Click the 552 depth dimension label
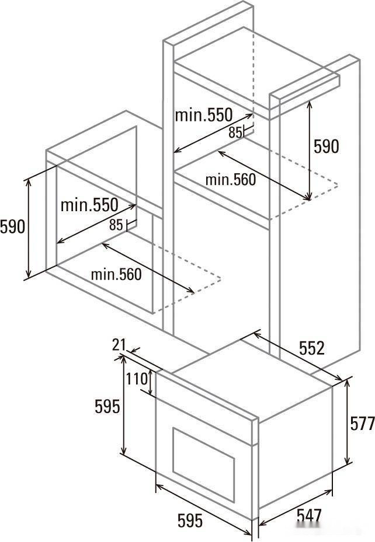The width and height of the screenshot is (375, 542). tap(312, 348)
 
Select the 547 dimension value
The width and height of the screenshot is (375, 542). tap(309, 516)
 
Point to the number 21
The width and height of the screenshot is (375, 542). tap(119, 345)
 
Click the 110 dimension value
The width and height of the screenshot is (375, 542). tap(137, 379)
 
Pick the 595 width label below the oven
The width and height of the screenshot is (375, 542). tap(190, 520)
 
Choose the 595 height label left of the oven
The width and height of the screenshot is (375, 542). tap(107, 407)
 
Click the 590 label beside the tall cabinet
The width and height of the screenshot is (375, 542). tap(326, 146)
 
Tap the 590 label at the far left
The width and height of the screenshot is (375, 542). tap(12, 227)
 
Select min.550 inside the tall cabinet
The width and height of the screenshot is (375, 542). tap(203, 115)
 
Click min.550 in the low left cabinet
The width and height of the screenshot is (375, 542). tap(89, 205)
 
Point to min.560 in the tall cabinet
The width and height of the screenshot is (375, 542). tap(230, 180)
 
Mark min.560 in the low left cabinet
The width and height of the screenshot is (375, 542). tap(116, 274)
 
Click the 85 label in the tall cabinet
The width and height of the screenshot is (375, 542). tap(235, 132)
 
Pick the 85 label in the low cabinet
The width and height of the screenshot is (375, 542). tap(116, 225)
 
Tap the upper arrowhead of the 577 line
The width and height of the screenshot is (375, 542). tap(348, 382)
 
